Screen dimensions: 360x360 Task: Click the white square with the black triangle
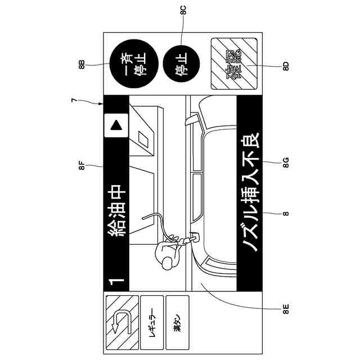116,125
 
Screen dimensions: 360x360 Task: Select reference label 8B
83,63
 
